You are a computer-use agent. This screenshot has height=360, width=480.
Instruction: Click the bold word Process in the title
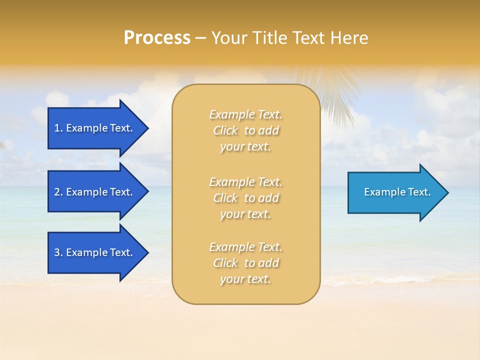click(x=157, y=38)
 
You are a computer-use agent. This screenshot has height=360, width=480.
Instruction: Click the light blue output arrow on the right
click(x=395, y=192)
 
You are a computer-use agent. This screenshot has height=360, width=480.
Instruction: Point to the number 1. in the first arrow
click(x=58, y=128)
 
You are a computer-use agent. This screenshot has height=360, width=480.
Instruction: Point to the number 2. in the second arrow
click(x=58, y=192)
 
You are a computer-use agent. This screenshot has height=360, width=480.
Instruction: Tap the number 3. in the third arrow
click(x=58, y=252)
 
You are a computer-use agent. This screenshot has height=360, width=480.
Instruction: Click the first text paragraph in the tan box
click(x=245, y=130)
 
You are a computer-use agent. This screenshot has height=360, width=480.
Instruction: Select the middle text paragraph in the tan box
click(x=245, y=198)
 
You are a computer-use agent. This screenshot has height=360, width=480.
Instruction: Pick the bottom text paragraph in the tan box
click(x=245, y=263)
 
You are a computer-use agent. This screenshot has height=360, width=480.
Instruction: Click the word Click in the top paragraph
click(x=225, y=130)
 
